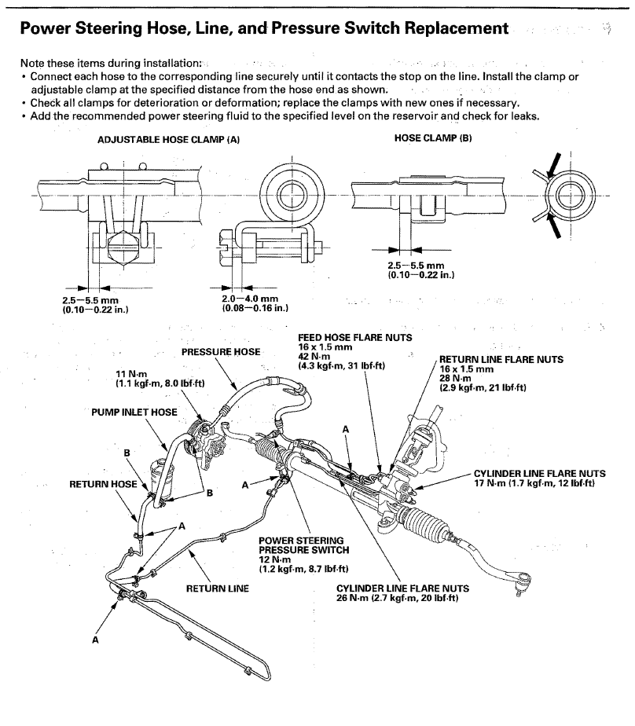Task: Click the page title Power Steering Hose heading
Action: click(x=263, y=30)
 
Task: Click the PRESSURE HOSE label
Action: click(x=221, y=352)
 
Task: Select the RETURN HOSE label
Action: click(x=103, y=484)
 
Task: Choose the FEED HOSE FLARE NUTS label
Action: click(x=344, y=337)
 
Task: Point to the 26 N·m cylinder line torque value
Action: click(x=397, y=598)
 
